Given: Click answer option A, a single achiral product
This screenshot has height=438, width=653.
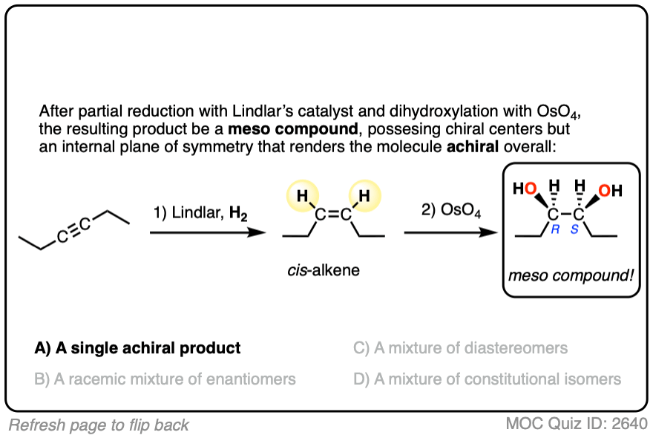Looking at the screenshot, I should tap(138, 347).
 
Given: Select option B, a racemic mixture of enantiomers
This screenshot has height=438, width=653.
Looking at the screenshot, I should tap(165, 379).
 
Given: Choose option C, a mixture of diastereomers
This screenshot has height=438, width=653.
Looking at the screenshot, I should tap(460, 347).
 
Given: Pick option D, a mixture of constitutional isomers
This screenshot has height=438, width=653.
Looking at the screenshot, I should tap(487, 379).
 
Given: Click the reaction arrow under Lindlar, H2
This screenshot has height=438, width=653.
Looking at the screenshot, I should tap(207, 232).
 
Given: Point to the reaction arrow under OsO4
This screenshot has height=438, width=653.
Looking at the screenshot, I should tap(450, 232).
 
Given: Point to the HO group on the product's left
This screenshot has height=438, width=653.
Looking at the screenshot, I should tap(525, 189).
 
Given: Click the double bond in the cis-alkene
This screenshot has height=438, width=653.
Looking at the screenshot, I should tap(333, 216).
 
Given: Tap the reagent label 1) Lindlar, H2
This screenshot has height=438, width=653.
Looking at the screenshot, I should tap(200, 213).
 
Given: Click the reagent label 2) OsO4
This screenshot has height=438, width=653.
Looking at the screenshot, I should tap(450, 213).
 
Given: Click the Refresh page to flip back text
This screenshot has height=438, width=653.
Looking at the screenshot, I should tap(99, 425).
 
